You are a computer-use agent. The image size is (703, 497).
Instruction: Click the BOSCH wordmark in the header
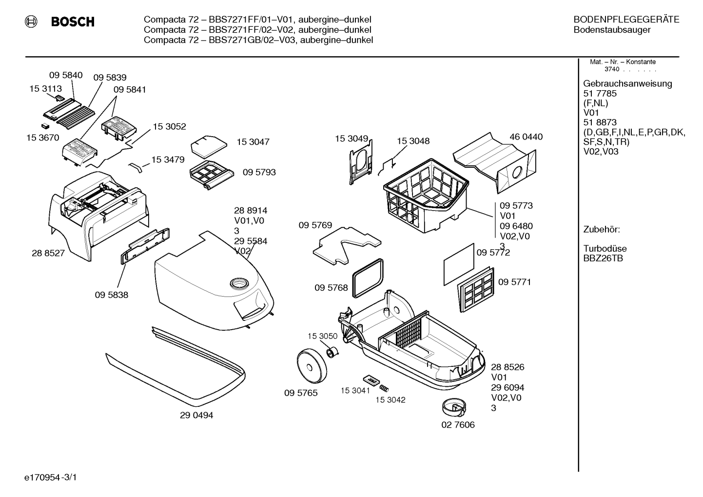click(x=73, y=21)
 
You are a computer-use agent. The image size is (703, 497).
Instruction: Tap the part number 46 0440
click(x=526, y=137)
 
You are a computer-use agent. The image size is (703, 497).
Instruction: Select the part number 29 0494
click(x=196, y=415)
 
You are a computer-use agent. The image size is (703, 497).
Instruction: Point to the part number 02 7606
click(x=458, y=424)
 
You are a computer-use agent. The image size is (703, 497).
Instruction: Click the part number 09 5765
click(x=301, y=393)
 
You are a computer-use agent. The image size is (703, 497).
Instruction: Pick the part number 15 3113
click(x=45, y=89)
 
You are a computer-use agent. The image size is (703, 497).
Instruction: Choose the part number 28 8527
click(x=48, y=253)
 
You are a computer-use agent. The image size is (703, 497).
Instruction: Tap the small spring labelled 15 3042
click(x=384, y=388)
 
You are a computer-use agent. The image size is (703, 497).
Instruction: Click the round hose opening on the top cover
click(x=239, y=284)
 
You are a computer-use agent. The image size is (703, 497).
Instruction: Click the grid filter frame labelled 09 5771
click(x=476, y=290)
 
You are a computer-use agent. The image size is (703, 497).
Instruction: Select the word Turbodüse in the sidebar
click(x=605, y=248)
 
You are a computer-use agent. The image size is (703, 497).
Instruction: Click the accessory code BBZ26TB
click(x=603, y=258)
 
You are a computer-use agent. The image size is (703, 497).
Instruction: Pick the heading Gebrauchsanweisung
click(x=627, y=84)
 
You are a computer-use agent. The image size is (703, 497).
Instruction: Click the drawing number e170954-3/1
click(x=51, y=477)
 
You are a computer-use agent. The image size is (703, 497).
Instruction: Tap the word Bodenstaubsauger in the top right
click(x=612, y=30)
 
